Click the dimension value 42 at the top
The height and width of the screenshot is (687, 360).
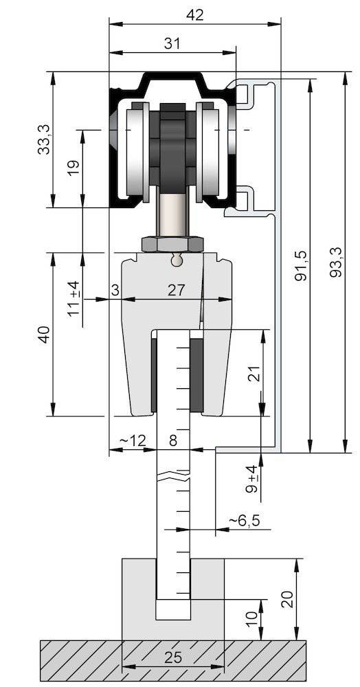click(x=195, y=15)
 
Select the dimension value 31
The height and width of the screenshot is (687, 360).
click(x=172, y=43)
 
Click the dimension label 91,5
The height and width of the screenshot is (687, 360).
click(x=300, y=265)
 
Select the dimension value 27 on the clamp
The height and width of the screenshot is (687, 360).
click(x=177, y=291)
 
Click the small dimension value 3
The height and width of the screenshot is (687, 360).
click(x=115, y=291)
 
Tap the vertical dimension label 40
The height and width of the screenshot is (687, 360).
click(x=45, y=335)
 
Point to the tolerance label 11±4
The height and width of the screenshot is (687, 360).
click(x=74, y=299)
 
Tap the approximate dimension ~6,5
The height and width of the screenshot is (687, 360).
click(x=244, y=521)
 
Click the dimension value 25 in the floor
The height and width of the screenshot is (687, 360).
click(x=173, y=657)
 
